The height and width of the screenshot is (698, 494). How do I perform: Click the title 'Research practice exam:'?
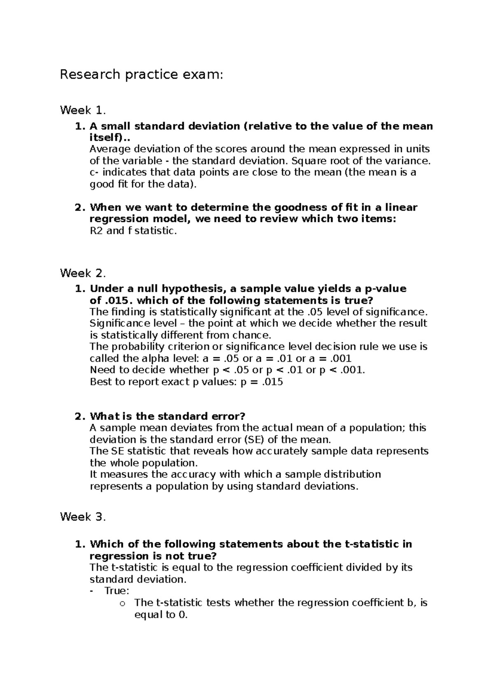[x=141, y=75]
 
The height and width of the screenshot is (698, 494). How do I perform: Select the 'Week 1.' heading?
[x=83, y=110]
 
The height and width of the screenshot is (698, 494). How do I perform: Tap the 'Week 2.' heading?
[x=83, y=273]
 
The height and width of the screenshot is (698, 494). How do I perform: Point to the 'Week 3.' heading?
[x=83, y=517]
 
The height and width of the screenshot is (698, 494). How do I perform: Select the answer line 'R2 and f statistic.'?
[x=133, y=231]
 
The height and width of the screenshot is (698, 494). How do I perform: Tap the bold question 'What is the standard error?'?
[x=168, y=416]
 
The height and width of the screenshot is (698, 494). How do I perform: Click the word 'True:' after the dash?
[x=117, y=591]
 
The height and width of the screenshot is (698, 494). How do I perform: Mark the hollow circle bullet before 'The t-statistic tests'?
[x=121, y=604]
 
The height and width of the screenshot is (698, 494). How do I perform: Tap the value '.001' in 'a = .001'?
[x=340, y=358]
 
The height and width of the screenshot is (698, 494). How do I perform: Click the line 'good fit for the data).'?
[x=143, y=184]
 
